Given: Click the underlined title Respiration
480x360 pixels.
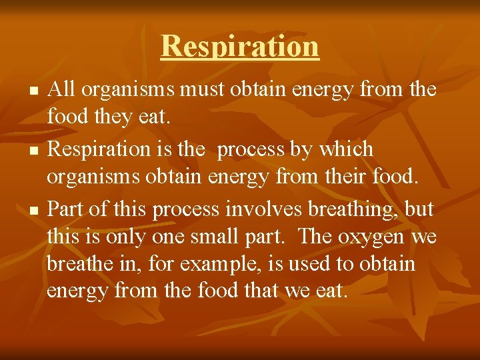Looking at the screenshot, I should [240, 47].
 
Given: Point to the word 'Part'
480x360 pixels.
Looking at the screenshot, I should [65, 209].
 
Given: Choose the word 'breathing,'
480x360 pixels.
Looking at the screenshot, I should [356, 211].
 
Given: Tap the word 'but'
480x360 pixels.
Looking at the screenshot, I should [420, 209].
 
